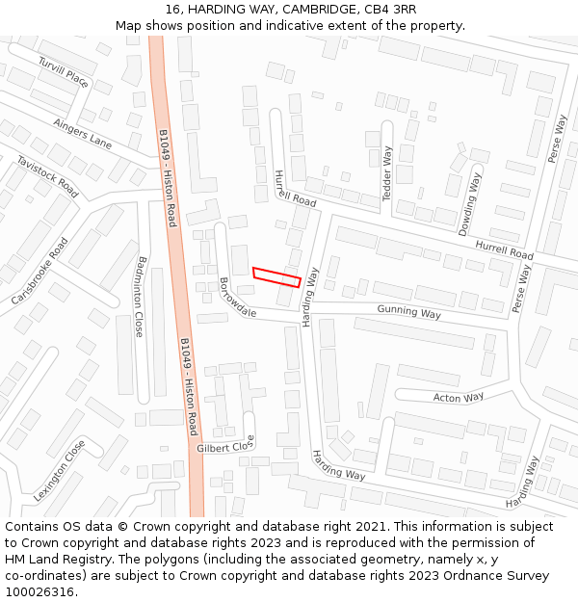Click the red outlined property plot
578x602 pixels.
(276, 276)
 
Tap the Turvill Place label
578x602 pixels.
(64, 72)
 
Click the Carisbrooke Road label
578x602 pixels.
(39, 272)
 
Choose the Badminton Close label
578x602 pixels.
(141, 296)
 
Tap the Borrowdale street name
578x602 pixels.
(237, 299)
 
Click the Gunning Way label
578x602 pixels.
(408, 311)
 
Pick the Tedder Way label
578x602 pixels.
(387, 173)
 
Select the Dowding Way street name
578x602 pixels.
(469, 204)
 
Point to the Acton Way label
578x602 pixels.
(459, 397)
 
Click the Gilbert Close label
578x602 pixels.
(225, 446)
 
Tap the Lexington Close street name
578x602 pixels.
(60, 469)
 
